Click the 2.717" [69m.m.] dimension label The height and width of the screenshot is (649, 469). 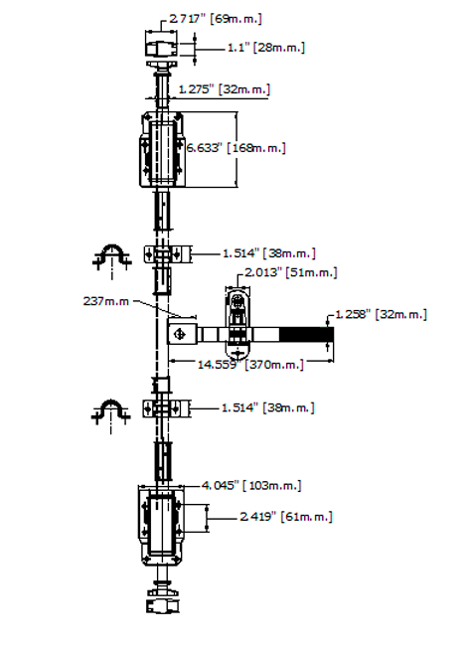point(216,19)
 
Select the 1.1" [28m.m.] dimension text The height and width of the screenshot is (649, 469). point(266,48)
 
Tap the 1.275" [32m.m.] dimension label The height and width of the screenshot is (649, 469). point(224,89)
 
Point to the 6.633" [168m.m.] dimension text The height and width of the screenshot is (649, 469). point(235,148)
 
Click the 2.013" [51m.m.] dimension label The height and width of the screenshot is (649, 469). point(290,272)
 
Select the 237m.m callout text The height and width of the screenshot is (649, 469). point(106,301)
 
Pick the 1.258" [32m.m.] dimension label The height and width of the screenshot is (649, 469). point(381,315)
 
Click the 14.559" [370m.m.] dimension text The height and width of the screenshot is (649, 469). point(250,365)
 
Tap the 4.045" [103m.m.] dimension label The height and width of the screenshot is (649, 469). point(251,485)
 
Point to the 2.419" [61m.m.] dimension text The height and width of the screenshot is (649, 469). point(286,517)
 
